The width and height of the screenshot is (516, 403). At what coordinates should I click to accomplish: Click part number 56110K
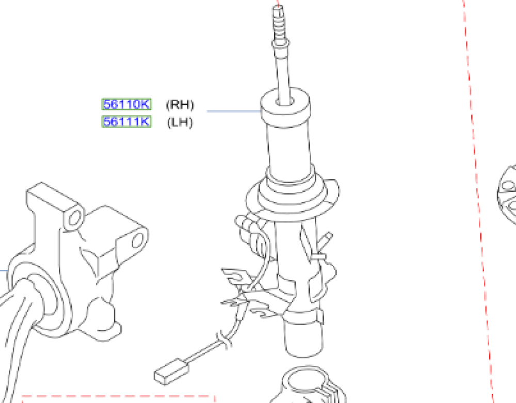(126, 104)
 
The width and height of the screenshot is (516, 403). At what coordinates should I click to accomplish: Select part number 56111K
(126, 122)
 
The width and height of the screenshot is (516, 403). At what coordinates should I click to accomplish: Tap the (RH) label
(180, 105)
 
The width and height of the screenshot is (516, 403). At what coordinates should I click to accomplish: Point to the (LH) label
(180, 122)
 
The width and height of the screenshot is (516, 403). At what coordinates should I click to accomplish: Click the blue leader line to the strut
(234, 111)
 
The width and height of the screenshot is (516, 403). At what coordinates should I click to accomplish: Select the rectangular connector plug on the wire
(171, 371)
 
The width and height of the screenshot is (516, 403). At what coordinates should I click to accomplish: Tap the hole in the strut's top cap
(285, 101)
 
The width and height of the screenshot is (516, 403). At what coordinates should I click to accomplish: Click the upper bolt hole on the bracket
(75, 218)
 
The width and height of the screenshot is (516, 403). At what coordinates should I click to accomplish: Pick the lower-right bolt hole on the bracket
(138, 240)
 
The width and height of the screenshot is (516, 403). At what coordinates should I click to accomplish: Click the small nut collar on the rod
(281, 43)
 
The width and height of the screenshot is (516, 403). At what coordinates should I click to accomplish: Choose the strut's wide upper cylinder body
(289, 147)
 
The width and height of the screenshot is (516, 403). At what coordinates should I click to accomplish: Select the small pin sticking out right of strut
(326, 239)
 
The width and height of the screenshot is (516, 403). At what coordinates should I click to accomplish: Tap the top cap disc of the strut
(285, 105)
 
